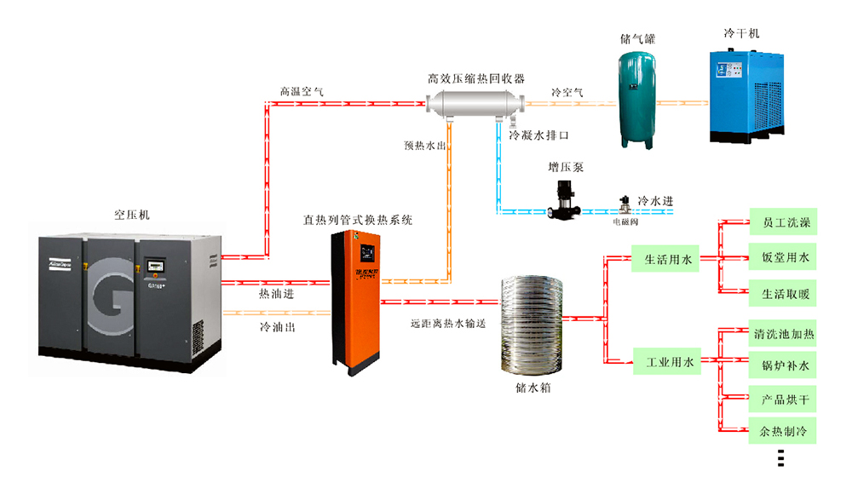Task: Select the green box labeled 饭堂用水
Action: [782, 256]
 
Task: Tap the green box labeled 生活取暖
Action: [782, 295]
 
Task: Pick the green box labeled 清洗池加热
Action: [782, 334]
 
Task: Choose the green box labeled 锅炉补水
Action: [782, 366]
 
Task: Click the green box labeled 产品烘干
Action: [782, 398]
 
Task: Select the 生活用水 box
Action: [665, 260]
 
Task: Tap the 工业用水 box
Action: [665, 362]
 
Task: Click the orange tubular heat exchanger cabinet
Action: [355, 298]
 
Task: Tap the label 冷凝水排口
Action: [538, 135]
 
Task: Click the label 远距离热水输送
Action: [446, 324]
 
